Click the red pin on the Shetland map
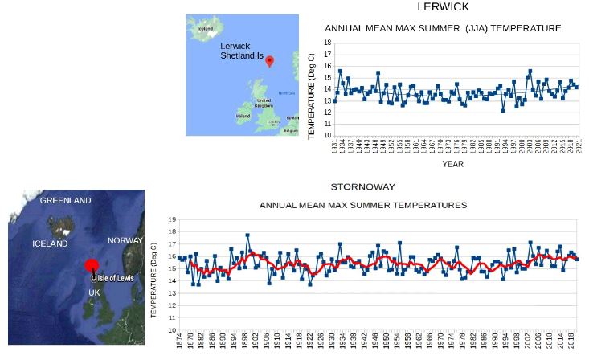(x=270, y=61)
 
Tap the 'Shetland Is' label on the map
(x=240, y=56)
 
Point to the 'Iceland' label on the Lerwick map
(x=205, y=27)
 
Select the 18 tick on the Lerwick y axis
(x=327, y=42)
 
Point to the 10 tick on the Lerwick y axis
(x=327, y=135)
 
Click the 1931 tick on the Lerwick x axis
(x=335, y=148)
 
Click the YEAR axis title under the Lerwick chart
(x=452, y=164)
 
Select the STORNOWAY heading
(x=363, y=187)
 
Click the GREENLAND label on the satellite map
(x=66, y=200)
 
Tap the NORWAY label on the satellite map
(x=125, y=240)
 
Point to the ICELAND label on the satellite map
(x=50, y=243)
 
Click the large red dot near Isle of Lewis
(x=92, y=267)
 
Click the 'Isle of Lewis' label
(x=117, y=278)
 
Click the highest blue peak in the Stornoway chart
(x=247, y=235)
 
